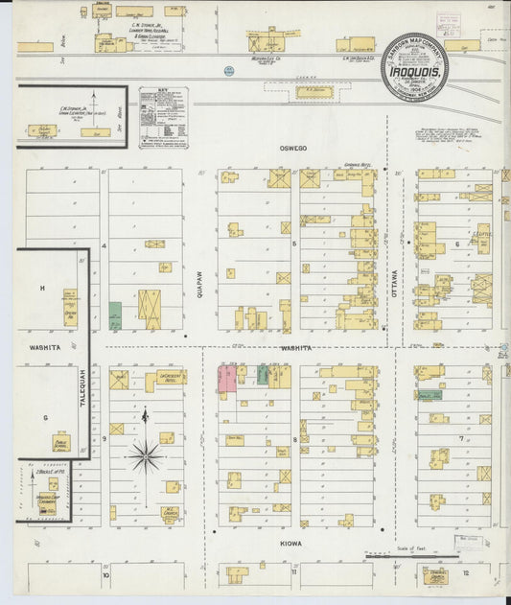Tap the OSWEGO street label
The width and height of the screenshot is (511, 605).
point(291,148)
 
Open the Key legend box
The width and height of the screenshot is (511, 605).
point(162,117)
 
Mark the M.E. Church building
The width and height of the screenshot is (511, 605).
point(171,512)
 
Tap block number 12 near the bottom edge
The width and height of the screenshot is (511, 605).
point(465,572)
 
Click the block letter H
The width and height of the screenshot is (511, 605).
point(42,288)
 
